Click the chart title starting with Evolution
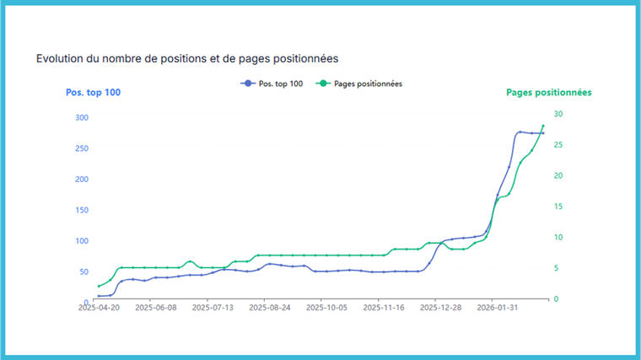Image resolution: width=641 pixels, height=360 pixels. tap(187, 59)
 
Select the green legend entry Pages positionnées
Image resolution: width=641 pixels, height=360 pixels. tap(364, 83)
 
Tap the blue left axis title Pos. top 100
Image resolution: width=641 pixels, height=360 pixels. tap(93, 93)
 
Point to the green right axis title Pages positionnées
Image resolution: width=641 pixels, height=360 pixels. tap(548, 93)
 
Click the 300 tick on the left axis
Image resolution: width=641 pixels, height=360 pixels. tap(82, 117)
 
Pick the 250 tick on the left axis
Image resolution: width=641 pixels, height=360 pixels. tap(82, 148)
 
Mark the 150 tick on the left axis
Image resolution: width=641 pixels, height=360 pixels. tap(82, 210)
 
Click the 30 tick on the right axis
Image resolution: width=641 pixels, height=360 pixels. tap(558, 114)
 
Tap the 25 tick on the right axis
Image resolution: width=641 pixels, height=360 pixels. tap(558, 145)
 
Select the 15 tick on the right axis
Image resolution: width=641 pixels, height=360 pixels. tap(558, 207)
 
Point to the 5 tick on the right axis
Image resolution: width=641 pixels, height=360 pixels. tap(557, 268)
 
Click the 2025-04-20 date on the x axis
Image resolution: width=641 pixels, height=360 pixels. tap(98, 309)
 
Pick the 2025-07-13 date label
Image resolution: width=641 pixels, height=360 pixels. tap(213, 309)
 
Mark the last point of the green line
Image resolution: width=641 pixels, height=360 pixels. tap(543, 126)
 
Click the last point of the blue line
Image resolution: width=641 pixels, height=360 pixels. tap(543, 133)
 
